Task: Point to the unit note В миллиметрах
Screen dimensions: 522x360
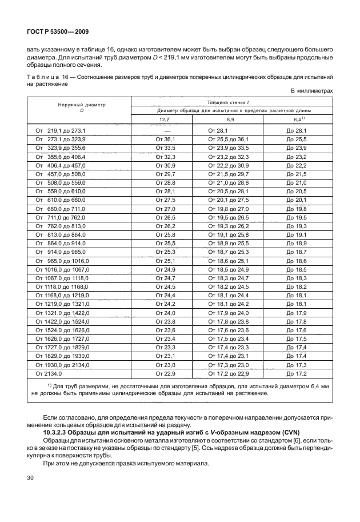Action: pos(311,91)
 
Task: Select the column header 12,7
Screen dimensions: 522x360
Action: pos(165,119)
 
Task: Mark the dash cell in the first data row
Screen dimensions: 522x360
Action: pos(165,131)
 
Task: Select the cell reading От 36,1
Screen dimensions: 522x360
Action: pos(165,139)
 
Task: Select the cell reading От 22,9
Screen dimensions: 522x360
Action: pos(165,373)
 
